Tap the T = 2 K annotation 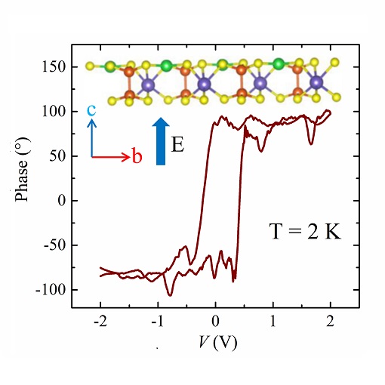point(306,232)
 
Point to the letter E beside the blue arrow point(177,144)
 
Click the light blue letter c point(91,110)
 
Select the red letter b point(137,157)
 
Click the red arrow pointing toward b point(110,157)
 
